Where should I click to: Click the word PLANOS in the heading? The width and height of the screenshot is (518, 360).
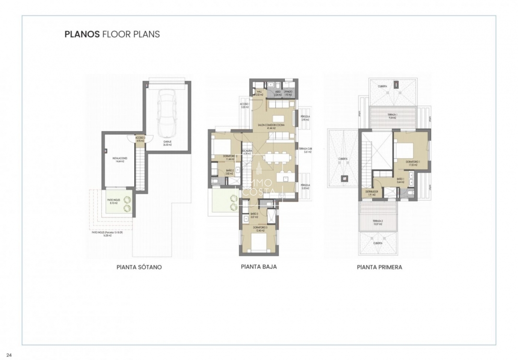pyautogui.click(x=82, y=35)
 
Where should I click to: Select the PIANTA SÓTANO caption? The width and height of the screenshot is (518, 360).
pyautogui.click(x=139, y=267)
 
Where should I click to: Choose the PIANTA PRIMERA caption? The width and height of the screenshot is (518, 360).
pyautogui.click(x=379, y=267)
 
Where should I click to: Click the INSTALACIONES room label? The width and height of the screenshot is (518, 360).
pyautogui.click(x=119, y=159)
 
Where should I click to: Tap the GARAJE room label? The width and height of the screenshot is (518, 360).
pyautogui.click(x=168, y=143)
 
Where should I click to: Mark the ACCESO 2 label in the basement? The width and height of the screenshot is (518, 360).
pyautogui.click(x=140, y=139)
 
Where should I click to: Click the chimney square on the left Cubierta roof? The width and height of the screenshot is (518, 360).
pyautogui.click(x=344, y=179)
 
